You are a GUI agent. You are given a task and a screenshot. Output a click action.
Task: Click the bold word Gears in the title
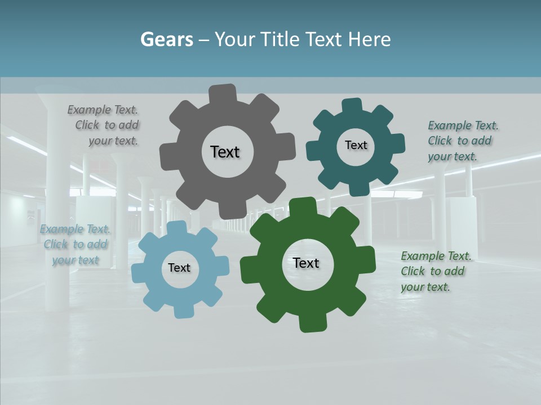[166, 40]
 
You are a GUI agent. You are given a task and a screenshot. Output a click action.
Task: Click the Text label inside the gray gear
[225, 152]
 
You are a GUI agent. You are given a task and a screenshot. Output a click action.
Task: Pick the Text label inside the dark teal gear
[356, 145]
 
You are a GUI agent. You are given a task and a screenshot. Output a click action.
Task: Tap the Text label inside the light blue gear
[179, 268]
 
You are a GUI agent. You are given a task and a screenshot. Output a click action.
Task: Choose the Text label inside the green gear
[306, 263]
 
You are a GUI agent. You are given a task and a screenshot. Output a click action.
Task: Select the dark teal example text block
[462, 141]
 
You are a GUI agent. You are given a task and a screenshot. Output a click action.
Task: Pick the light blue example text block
[75, 245]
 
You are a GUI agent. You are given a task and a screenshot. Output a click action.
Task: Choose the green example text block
[435, 272]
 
